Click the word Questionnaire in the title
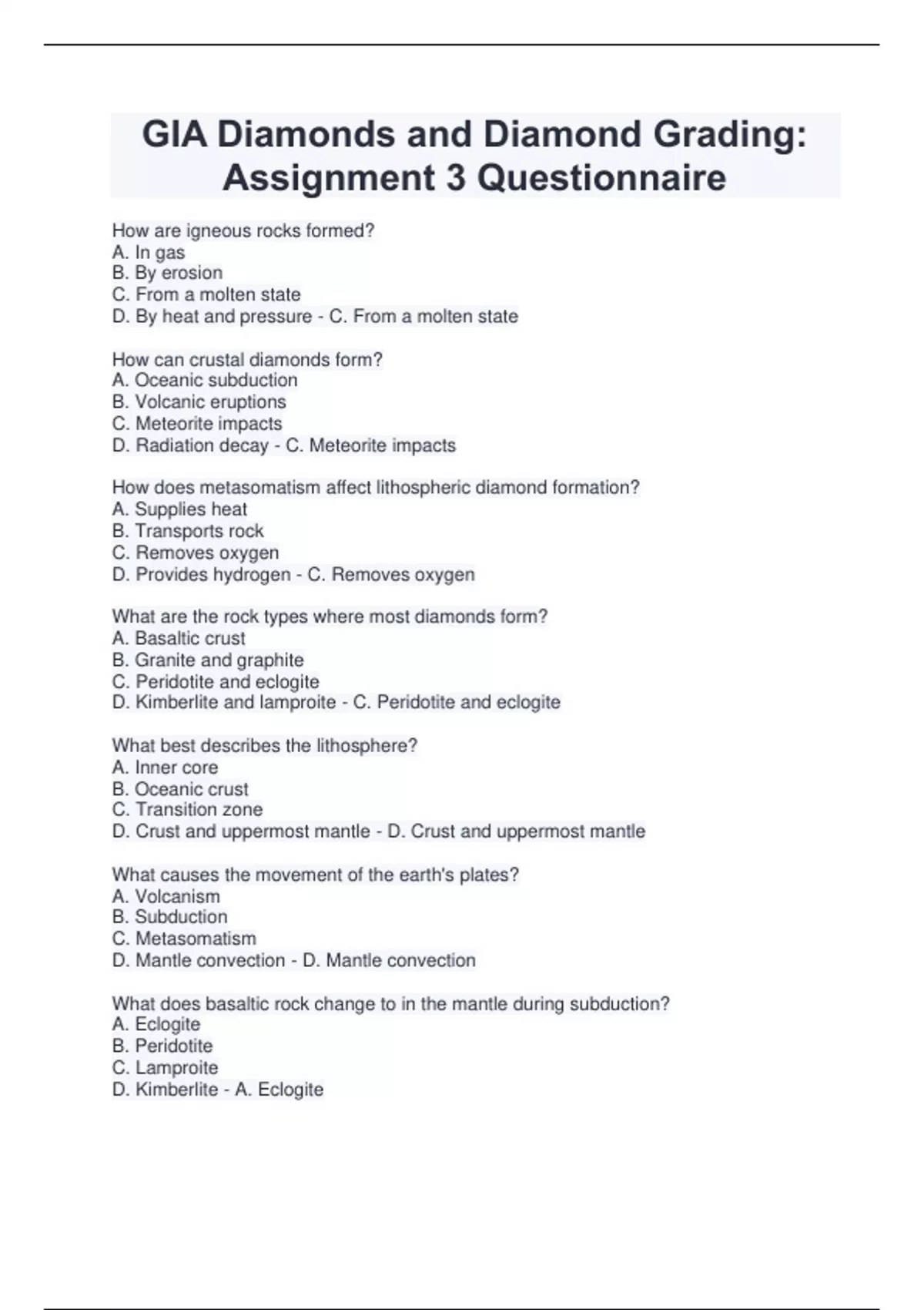pyautogui.click(x=601, y=178)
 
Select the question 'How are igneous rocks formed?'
pyautogui.click(x=243, y=230)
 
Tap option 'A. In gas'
pyautogui.click(x=149, y=252)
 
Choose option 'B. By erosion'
pyautogui.click(x=167, y=273)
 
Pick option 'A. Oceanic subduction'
pyautogui.click(x=205, y=380)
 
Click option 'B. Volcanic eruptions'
pyautogui.click(x=199, y=401)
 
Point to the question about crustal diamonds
pyautogui.click(x=247, y=359)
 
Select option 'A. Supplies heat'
pyautogui.click(x=179, y=509)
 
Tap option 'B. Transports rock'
pyautogui.click(x=188, y=531)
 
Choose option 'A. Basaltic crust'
pyautogui.click(x=179, y=638)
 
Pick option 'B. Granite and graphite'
pyautogui.click(x=208, y=660)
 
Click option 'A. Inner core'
pyautogui.click(x=165, y=767)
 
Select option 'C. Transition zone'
pyautogui.click(x=187, y=809)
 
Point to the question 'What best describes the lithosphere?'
pyautogui.click(x=265, y=745)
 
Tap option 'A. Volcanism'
pyautogui.click(x=166, y=896)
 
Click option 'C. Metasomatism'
pyautogui.click(x=184, y=939)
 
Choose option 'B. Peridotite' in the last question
pyautogui.click(x=162, y=1046)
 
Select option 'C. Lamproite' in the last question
pyautogui.click(x=165, y=1067)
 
